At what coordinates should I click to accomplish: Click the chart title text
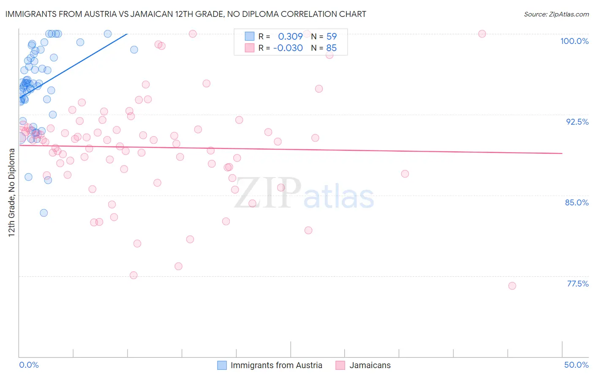click(185, 14)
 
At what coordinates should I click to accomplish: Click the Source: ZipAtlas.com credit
click(556, 14)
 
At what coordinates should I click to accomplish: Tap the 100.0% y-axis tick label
click(574, 41)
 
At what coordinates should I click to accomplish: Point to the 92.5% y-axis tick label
click(577, 122)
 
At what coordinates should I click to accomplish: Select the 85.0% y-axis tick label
click(577, 202)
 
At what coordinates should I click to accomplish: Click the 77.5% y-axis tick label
click(578, 284)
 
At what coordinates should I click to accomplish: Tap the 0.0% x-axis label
click(29, 365)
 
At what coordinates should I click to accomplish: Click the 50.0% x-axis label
click(576, 365)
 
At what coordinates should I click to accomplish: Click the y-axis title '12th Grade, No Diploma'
click(11, 192)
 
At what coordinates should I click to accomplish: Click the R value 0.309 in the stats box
click(290, 37)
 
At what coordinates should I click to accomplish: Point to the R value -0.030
click(288, 48)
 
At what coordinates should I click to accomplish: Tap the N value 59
click(332, 37)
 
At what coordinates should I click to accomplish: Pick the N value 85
click(332, 48)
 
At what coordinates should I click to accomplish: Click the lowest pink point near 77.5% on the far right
click(512, 286)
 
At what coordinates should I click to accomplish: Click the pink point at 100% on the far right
click(482, 34)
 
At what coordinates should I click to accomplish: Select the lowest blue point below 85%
click(44, 213)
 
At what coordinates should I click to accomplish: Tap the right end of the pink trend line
click(562, 153)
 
